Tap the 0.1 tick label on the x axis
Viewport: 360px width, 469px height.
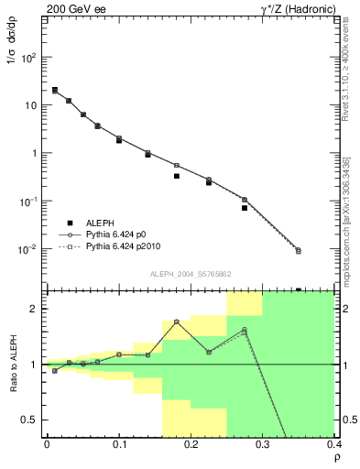click(119, 444)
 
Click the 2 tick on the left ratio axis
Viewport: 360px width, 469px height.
click(35, 309)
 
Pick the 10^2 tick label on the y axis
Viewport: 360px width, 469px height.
click(28, 57)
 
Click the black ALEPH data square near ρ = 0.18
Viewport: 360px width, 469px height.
click(177, 176)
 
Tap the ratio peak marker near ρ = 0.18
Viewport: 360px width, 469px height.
click(177, 322)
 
